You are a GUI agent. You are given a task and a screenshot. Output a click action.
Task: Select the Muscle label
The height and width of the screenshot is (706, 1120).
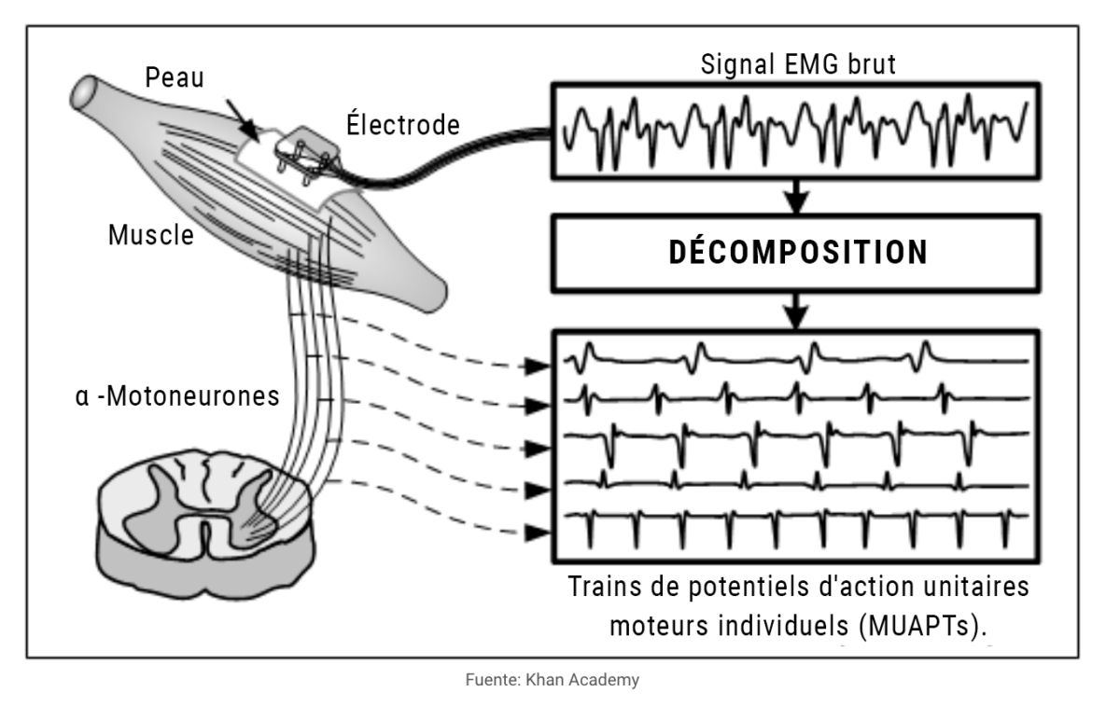click(x=151, y=235)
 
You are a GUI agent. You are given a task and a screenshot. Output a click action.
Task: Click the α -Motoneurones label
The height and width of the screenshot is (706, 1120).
click(x=176, y=395)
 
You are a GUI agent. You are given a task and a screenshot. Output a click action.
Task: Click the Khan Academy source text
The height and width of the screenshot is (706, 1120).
click(x=559, y=680)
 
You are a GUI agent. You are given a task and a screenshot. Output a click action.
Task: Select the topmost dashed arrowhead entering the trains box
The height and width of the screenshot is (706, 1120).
click(x=536, y=366)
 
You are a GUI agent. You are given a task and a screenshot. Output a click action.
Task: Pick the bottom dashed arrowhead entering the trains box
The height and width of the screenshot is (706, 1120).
click(x=536, y=533)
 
